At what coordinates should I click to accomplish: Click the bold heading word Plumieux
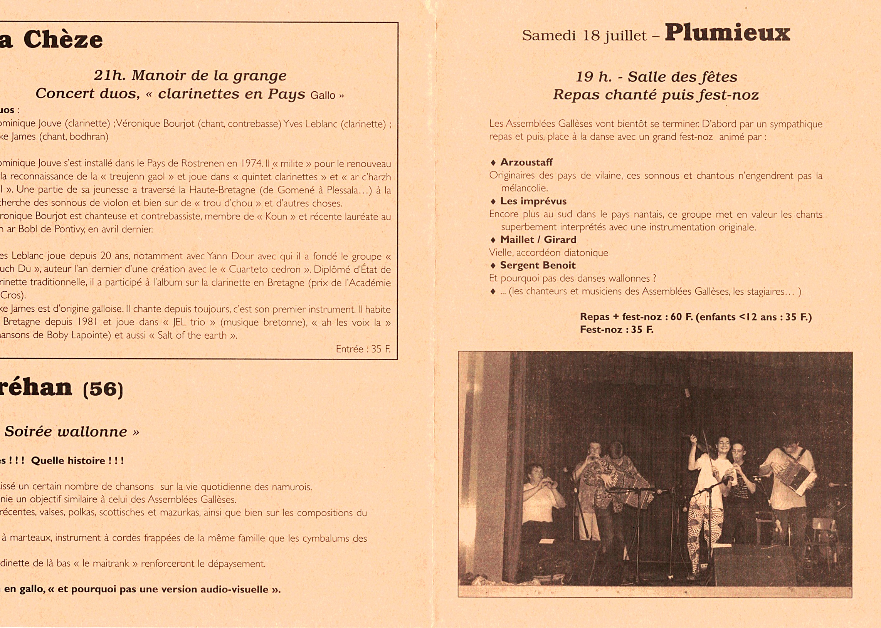(727, 33)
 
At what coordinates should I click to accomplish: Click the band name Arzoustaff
(526, 163)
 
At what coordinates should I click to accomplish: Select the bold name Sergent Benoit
(538, 265)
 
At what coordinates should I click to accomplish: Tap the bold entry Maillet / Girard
(538, 240)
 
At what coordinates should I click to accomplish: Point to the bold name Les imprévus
(533, 201)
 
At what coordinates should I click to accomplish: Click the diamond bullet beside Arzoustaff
(493, 163)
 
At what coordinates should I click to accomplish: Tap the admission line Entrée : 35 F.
(363, 349)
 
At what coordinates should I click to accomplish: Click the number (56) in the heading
(103, 389)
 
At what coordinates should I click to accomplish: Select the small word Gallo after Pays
(323, 95)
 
